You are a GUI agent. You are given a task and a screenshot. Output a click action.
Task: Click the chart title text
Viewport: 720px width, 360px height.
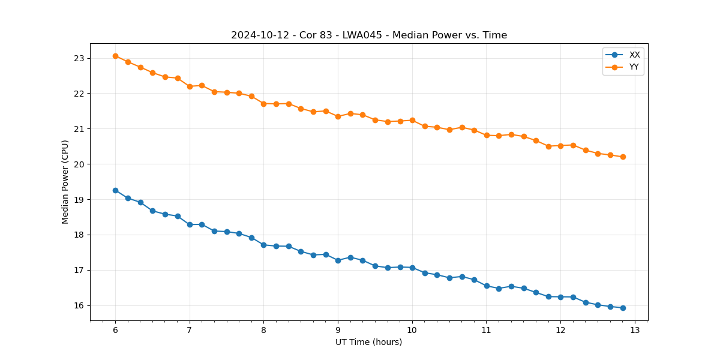pos(369,35)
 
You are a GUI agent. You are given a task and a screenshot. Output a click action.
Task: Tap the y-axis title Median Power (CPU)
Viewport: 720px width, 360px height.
pos(65,182)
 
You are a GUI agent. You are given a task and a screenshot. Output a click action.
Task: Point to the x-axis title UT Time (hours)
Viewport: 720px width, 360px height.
pos(369,342)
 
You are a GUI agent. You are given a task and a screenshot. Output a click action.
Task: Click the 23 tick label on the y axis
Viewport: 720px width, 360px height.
pos(79,58)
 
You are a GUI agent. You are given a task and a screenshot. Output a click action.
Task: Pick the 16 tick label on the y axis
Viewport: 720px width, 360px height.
pos(79,305)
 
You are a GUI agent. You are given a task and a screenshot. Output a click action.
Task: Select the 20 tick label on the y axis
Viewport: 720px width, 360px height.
pos(79,164)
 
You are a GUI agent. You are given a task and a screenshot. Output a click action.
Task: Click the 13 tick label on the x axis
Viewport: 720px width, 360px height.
pos(635,331)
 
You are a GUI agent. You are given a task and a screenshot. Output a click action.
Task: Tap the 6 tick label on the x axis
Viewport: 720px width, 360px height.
pos(115,331)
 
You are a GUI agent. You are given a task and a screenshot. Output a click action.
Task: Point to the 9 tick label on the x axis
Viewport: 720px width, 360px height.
pos(338,331)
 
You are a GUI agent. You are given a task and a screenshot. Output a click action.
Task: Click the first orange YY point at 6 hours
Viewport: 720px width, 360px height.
pos(115,56)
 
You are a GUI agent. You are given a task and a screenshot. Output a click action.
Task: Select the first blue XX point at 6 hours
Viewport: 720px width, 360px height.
pos(115,190)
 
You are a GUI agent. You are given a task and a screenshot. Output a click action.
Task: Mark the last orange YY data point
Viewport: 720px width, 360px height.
pos(623,157)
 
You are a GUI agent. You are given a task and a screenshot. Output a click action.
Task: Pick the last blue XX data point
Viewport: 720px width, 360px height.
pos(623,308)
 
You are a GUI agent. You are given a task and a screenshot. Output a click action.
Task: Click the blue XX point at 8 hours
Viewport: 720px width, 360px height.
pos(263,245)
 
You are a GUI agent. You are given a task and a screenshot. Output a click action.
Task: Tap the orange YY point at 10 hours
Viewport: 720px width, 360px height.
pos(412,120)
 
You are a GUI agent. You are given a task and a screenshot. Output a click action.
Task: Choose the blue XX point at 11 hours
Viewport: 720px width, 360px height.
pos(487,286)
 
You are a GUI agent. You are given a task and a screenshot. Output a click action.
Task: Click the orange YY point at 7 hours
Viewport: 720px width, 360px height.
pos(190,86)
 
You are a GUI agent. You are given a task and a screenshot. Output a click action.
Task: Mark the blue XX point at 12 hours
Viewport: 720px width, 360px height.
pos(560,297)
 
